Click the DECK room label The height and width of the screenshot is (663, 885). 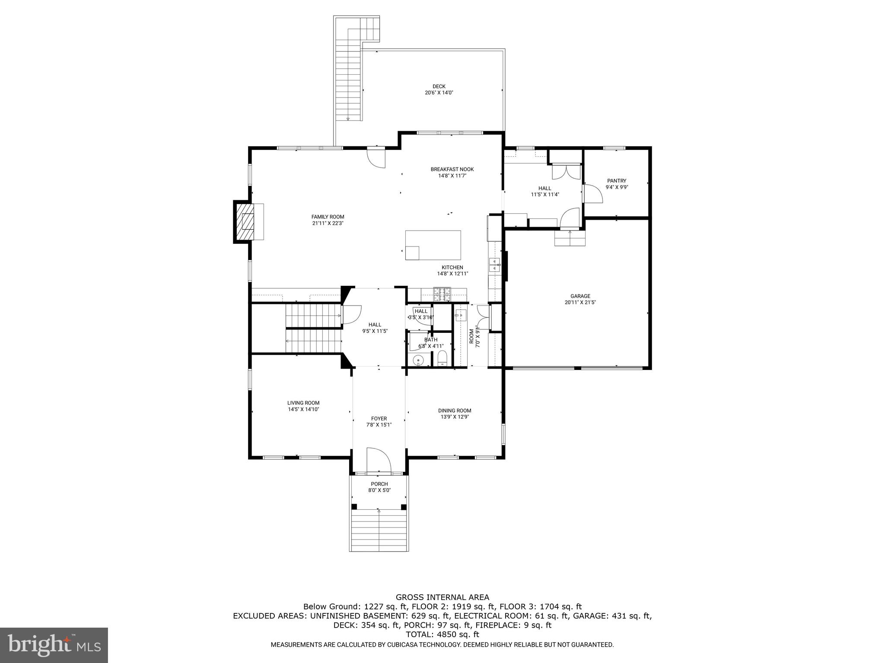click(439, 86)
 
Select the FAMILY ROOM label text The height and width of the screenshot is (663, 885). click(328, 217)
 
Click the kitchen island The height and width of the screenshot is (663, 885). click(433, 245)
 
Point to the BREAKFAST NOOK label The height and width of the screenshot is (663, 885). click(452, 169)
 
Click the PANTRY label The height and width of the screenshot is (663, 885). click(616, 181)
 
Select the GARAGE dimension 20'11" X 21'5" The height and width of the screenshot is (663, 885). click(580, 303)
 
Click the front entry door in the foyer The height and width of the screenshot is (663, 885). click(379, 461)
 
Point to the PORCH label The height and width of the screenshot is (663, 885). click(379, 484)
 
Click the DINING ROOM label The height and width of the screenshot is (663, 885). click(454, 410)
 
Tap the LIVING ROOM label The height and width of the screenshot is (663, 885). click(303, 403)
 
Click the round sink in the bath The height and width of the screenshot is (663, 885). click(418, 360)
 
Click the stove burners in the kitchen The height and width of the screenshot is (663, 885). click(442, 294)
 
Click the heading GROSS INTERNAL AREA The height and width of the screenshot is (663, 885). click(442, 597)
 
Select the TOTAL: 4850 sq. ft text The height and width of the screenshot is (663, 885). click(442, 635)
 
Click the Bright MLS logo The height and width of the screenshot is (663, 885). click(54, 645)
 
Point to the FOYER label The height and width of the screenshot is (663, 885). click(379, 418)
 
